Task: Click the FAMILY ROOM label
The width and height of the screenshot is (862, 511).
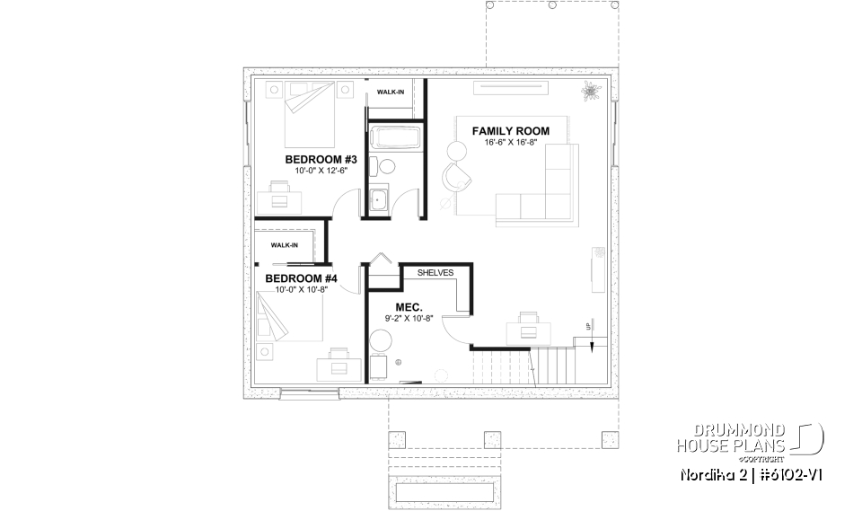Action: tap(511, 131)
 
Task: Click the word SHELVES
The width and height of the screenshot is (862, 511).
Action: tap(435, 272)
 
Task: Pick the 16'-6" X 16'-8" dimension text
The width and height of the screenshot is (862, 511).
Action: tap(511, 144)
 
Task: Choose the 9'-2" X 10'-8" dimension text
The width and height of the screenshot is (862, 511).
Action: tap(409, 318)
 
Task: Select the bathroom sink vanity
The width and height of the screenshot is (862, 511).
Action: tap(379, 199)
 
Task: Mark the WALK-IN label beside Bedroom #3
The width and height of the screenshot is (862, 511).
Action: tap(390, 93)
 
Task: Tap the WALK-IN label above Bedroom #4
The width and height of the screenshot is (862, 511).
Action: tap(284, 244)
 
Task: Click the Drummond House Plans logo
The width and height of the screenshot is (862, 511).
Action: tap(749, 436)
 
